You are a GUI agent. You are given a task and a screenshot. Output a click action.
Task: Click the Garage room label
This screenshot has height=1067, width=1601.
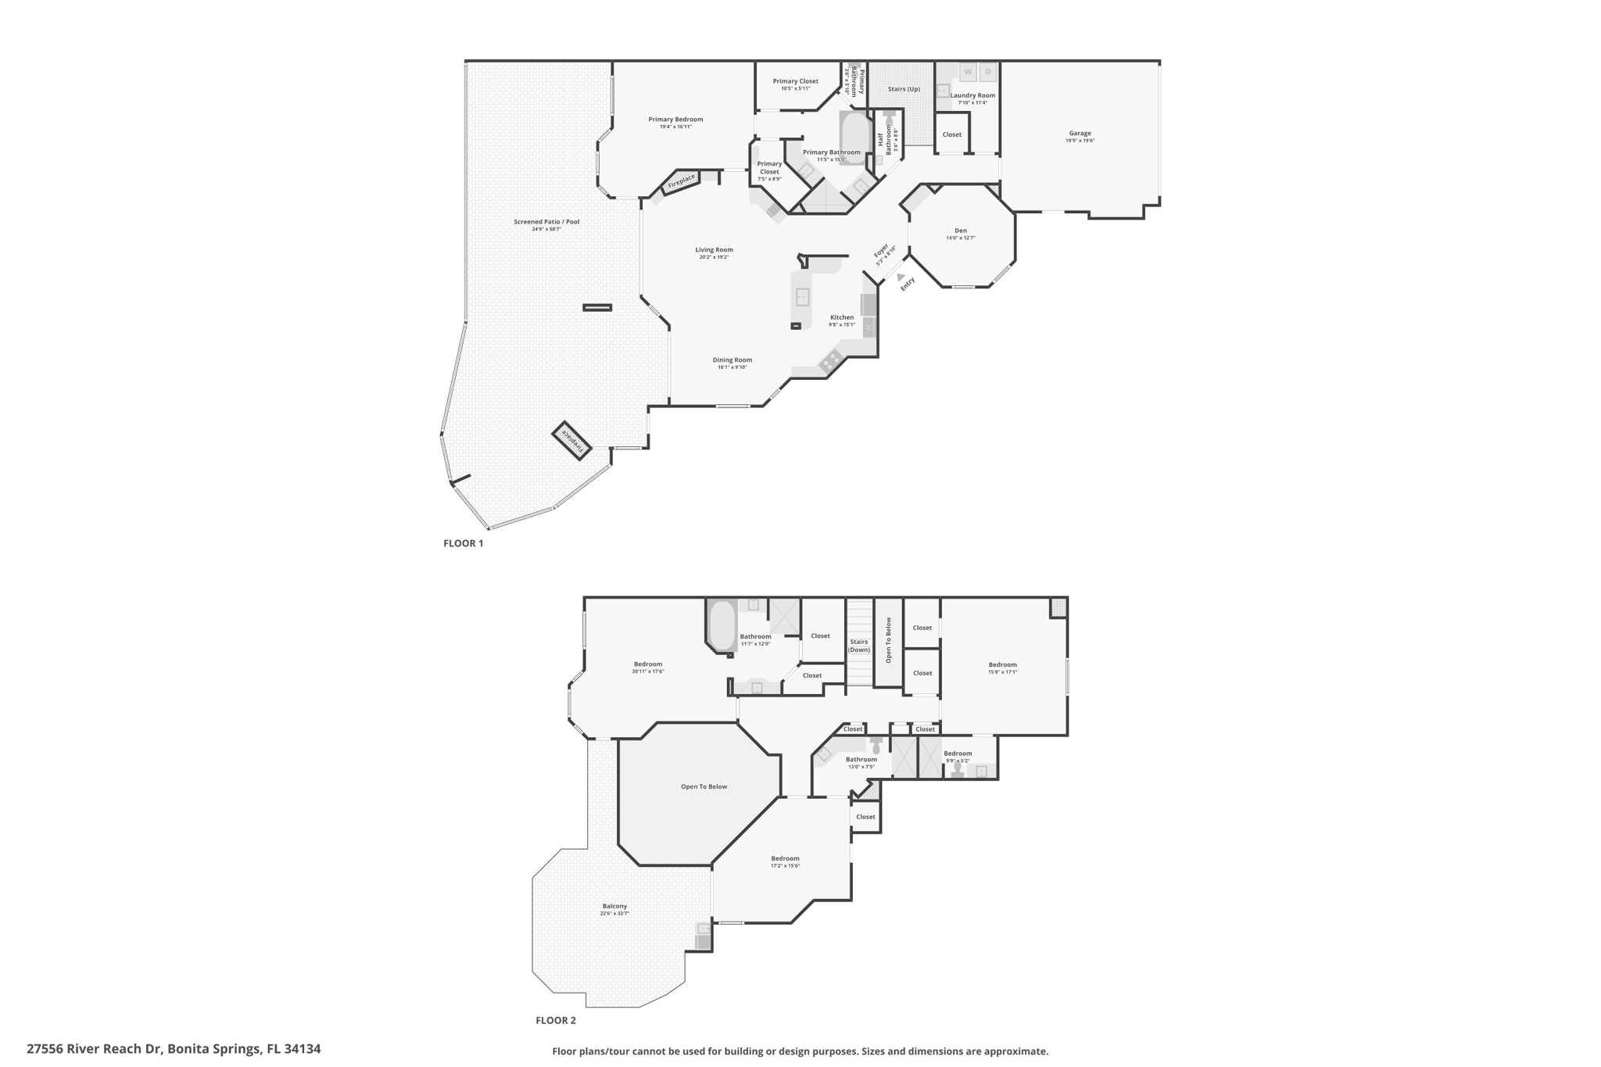pyautogui.click(x=1080, y=134)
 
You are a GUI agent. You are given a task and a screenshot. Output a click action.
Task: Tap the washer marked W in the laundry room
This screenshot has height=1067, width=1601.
pyautogui.click(x=968, y=72)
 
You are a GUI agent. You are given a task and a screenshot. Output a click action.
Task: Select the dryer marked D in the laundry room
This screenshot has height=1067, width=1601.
pyautogui.click(x=988, y=72)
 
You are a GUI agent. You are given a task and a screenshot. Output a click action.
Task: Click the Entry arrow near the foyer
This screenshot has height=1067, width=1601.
pyautogui.click(x=901, y=277)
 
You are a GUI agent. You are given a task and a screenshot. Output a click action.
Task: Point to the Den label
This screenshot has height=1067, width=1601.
pyautogui.click(x=960, y=231)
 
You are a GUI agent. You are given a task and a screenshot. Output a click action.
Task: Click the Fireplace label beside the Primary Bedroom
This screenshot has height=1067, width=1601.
pyautogui.click(x=681, y=181)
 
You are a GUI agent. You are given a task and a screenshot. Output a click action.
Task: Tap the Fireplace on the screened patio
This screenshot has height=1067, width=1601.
pyautogui.click(x=572, y=442)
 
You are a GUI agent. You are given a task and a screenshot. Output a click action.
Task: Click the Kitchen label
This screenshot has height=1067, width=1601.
pyautogui.click(x=842, y=317)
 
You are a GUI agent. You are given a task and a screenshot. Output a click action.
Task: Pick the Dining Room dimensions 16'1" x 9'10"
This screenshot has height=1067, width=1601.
pyautogui.click(x=732, y=367)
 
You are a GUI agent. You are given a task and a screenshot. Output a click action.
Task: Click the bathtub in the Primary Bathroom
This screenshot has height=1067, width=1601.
pyautogui.click(x=855, y=137)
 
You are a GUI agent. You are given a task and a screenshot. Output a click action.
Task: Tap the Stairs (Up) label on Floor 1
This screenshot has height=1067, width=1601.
pyautogui.click(x=904, y=89)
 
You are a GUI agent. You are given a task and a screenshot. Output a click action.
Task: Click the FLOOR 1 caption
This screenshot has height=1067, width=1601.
pyautogui.click(x=464, y=543)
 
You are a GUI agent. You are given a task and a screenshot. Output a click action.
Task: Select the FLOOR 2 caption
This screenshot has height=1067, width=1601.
pyautogui.click(x=556, y=1020)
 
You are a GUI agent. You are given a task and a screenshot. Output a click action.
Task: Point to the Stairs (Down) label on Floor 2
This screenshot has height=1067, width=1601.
pyautogui.click(x=859, y=646)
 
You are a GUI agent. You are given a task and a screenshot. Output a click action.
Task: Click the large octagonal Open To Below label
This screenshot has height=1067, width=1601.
pyautogui.click(x=704, y=786)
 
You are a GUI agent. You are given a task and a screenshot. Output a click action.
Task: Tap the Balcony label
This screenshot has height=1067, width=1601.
pyautogui.click(x=614, y=907)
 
